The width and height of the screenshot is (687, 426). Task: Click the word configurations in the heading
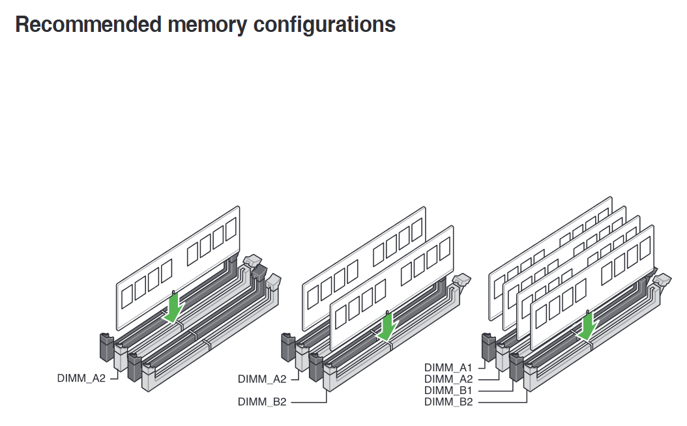click(x=324, y=25)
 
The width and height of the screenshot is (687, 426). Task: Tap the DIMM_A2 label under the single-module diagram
click(x=81, y=378)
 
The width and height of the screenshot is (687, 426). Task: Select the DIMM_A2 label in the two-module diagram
click(x=262, y=378)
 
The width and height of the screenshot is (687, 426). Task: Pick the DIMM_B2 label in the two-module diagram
click(x=262, y=402)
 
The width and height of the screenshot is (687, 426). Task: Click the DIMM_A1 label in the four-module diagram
click(x=448, y=367)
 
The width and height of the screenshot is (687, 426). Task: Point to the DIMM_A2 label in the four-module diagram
click(x=448, y=379)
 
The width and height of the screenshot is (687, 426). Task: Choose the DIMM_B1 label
click(x=448, y=390)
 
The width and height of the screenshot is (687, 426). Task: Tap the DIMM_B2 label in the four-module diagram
click(x=448, y=402)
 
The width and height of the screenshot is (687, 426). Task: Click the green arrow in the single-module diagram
click(x=173, y=308)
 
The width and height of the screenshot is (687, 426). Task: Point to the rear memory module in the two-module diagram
click(x=339, y=261)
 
